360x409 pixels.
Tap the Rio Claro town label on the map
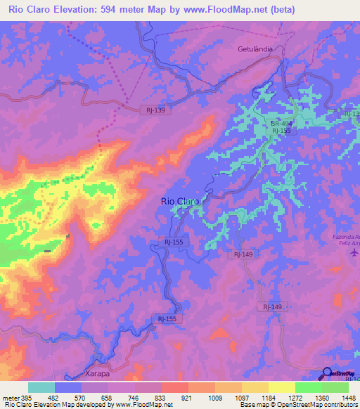pyautogui.click(x=180, y=201)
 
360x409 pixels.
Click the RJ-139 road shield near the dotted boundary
pyautogui.click(x=157, y=110)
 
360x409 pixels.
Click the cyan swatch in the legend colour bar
pyautogui.click(x=41, y=387)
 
